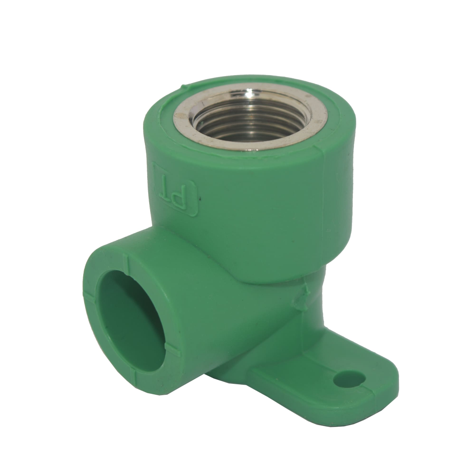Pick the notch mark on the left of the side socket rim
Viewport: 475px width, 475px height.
click(90, 294)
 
